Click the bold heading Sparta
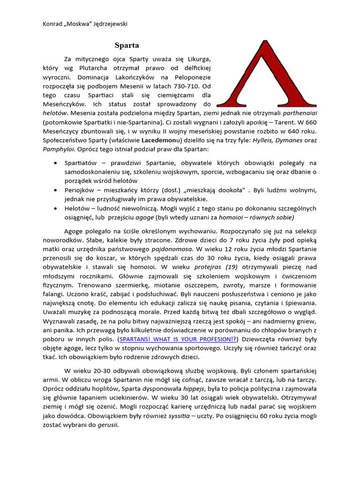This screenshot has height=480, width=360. [127, 46]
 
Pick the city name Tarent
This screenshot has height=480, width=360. [268, 122]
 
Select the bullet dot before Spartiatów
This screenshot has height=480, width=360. [56, 163]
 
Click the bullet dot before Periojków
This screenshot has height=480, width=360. [56, 190]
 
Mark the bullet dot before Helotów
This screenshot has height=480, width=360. [56, 209]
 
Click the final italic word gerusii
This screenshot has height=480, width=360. [107, 425]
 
